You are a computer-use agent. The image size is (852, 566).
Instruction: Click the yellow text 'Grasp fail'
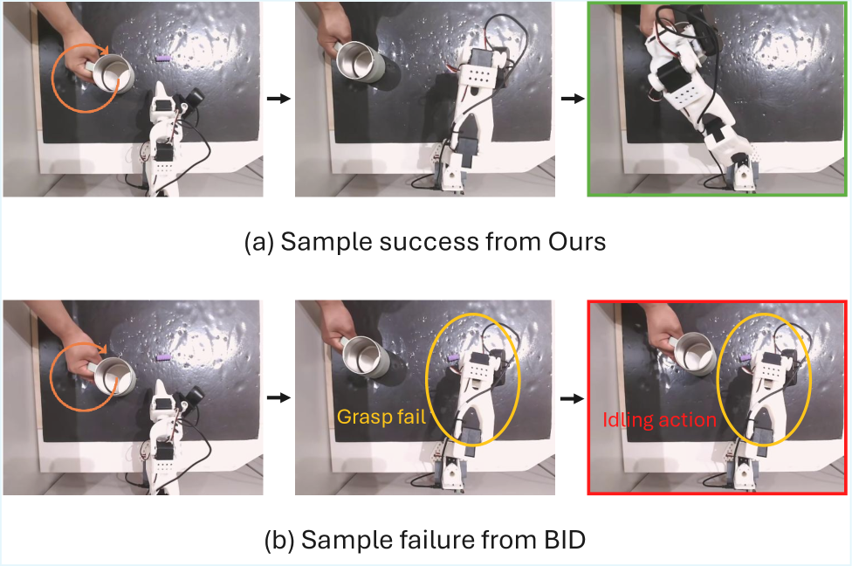click(381, 417)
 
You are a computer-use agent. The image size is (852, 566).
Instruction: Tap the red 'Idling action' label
click(659, 420)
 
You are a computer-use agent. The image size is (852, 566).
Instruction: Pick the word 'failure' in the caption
click(432, 540)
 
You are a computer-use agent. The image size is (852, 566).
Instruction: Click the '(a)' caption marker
click(259, 242)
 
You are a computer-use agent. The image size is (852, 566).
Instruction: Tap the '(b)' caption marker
click(279, 541)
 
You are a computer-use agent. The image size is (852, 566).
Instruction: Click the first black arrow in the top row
click(278, 99)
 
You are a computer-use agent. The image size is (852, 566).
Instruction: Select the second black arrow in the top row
click(573, 99)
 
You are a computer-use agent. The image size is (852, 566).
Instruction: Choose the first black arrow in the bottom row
click(278, 397)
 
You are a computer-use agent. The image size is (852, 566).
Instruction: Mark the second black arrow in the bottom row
click(572, 398)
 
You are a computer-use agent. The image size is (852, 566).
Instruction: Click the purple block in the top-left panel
click(163, 57)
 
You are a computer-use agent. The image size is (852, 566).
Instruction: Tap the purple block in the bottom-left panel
click(163, 357)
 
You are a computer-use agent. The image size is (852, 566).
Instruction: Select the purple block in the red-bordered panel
click(745, 357)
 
